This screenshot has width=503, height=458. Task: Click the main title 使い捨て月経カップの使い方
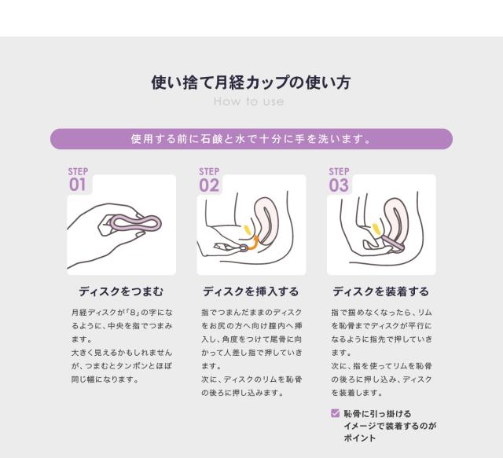[x=251, y=82]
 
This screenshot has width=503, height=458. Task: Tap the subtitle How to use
[x=248, y=101]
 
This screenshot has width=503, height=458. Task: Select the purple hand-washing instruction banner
[x=251, y=139]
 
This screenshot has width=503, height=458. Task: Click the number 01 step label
[x=77, y=185]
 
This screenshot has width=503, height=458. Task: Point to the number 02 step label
[x=209, y=185]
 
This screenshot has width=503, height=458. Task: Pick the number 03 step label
[x=339, y=185]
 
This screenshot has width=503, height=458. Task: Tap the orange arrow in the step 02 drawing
[x=253, y=243]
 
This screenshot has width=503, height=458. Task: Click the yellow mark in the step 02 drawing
[x=247, y=230]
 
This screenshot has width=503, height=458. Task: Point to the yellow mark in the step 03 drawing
[x=376, y=229]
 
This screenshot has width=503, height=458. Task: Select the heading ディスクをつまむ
[x=121, y=291]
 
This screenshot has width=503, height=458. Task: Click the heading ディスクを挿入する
[x=251, y=291]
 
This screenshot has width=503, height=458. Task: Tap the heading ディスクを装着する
[x=380, y=291]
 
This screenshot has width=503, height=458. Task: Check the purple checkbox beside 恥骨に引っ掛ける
[x=335, y=412]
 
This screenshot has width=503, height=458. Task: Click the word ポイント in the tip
[x=360, y=438]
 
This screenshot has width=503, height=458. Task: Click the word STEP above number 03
[x=339, y=171]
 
